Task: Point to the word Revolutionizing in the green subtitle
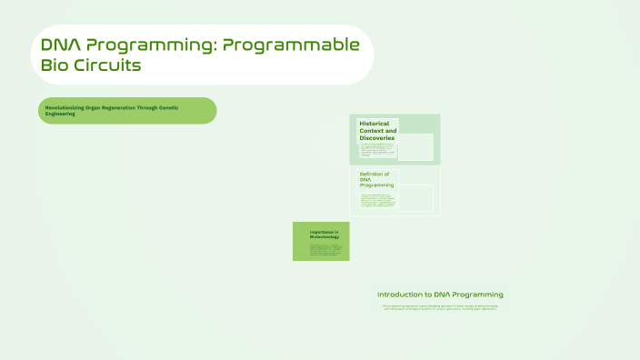coord(65,108)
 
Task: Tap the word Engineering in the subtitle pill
coord(62,115)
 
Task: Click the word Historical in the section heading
coord(375,123)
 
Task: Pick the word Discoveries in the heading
coord(377,138)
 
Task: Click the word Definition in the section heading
coord(374,174)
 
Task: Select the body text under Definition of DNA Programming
coord(378,201)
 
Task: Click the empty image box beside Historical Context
coord(416,147)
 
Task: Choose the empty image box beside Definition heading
coord(416,198)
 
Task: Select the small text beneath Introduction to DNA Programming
coord(440,307)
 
